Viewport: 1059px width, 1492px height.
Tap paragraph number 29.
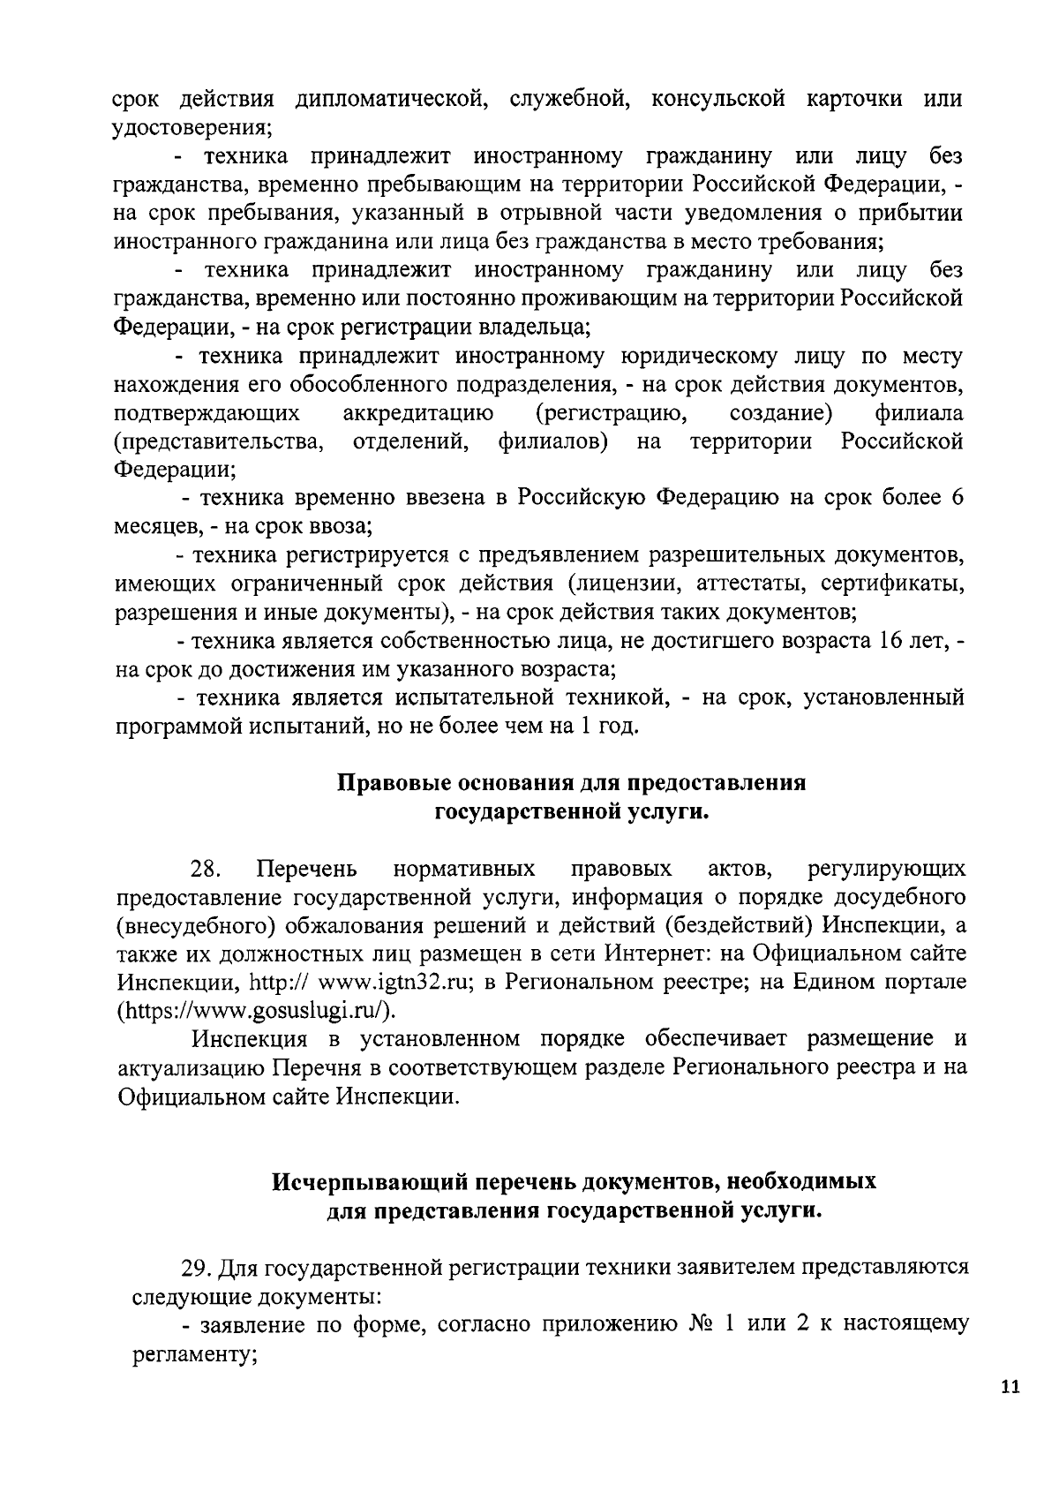point(196,1269)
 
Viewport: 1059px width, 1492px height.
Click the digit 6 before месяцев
point(957,497)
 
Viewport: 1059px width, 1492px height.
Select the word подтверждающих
point(206,413)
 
